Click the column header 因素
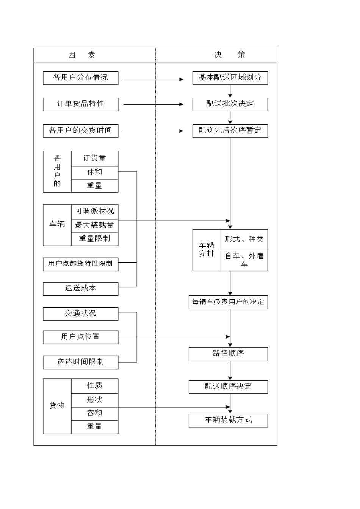click(x=81, y=55)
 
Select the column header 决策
click(x=230, y=55)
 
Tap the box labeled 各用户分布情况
click(x=80, y=78)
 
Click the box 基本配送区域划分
click(x=230, y=78)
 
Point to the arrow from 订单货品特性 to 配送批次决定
click(x=153, y=104)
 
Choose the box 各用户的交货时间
click(x=80, y=131)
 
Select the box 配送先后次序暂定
click(x=230, y=131)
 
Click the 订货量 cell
click(x=94, y=158)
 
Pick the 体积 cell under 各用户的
click(x=94, y=172)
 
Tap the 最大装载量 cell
click(x=94, y=225)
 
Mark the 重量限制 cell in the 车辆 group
click(x=94, y=239)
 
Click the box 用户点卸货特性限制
click(x=80, y=264)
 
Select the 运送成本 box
click(x=80, y=289)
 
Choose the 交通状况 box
click(x=80, y=314)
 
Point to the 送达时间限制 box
click(x=80, y=362)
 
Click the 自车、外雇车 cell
click(x=244, y=261)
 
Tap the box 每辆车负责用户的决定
click(x=228, y=302)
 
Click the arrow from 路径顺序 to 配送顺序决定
click(x=230, y=370)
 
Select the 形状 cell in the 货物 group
click(x=94, y=400)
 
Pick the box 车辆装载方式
click(x=228, y=420)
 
